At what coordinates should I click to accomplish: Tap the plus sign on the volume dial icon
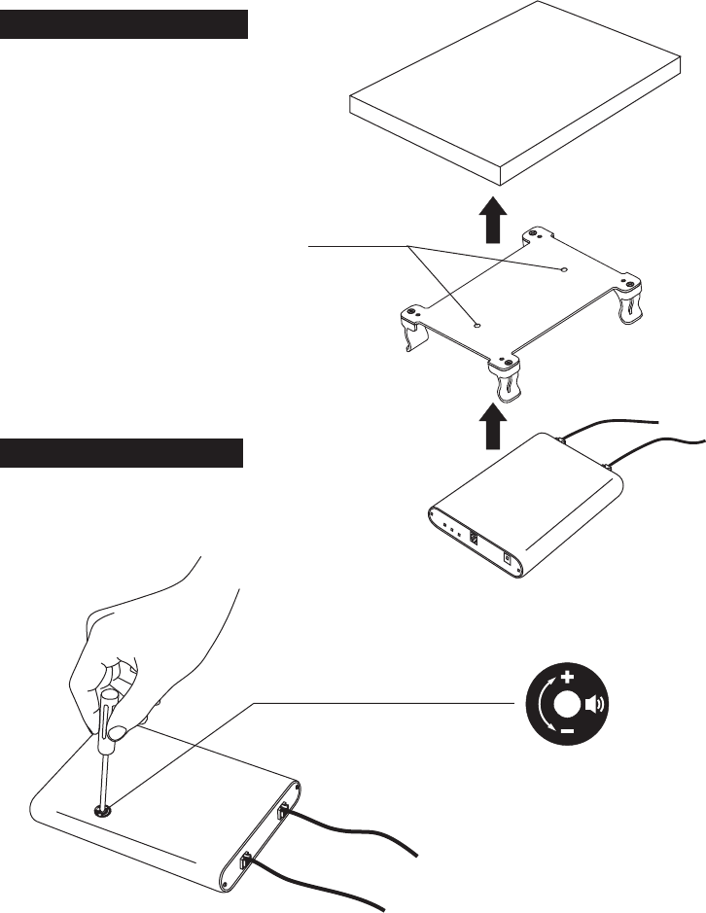pyautogui.click(x=568, y=675)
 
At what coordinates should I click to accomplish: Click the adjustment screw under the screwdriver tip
pyautogui.click(x=100, y=809)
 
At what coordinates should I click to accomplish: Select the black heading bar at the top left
pyautogui.click(x=124, y=24)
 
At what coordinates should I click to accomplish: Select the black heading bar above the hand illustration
pyautogui.click(x=121, y=453)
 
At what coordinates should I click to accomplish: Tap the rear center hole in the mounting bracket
pyautogui.click(x=565, y=267)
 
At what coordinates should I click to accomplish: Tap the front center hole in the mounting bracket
pyautogui.click(x=477, y=327)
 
